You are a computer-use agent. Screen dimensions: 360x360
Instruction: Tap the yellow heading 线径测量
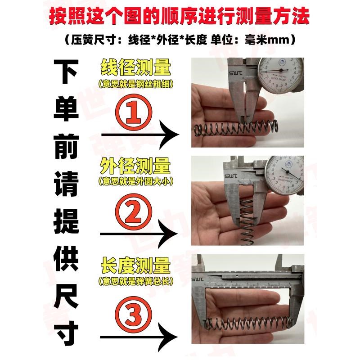click(135, 68)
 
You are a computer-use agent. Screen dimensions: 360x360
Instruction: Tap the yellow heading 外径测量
click(135, 167)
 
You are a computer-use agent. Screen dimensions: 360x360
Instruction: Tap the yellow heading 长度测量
click(135, 266)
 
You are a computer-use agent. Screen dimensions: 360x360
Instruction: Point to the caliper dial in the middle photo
click(283, 171)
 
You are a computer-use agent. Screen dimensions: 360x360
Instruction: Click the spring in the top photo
click(234, 129)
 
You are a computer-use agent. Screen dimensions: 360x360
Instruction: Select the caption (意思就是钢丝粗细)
click(135, 84)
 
